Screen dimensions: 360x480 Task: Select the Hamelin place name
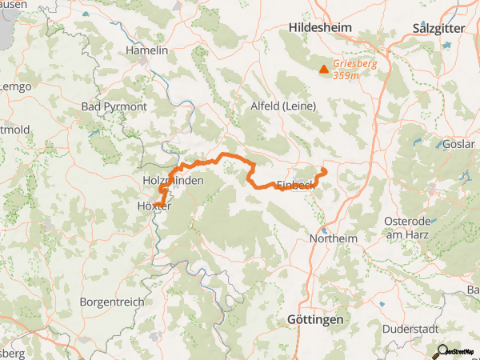click(x=147, y=50)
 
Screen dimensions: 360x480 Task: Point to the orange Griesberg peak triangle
click(x=323, y=70)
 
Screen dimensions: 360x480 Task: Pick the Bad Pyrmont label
click(x=114, y=106)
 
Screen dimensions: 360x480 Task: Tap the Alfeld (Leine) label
click(x=284, y=106)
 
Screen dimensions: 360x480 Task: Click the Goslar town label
click(x=458, y=145)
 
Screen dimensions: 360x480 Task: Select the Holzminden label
click(x=172, y=182)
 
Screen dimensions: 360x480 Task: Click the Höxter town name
click(x=150, y=206)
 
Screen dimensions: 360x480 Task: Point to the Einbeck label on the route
click(x=294, y=186)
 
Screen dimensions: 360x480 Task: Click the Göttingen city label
click(x=314, y=319)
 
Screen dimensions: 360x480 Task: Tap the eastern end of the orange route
click(x=323, y=170)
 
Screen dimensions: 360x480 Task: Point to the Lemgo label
click(x=14, y=86)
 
